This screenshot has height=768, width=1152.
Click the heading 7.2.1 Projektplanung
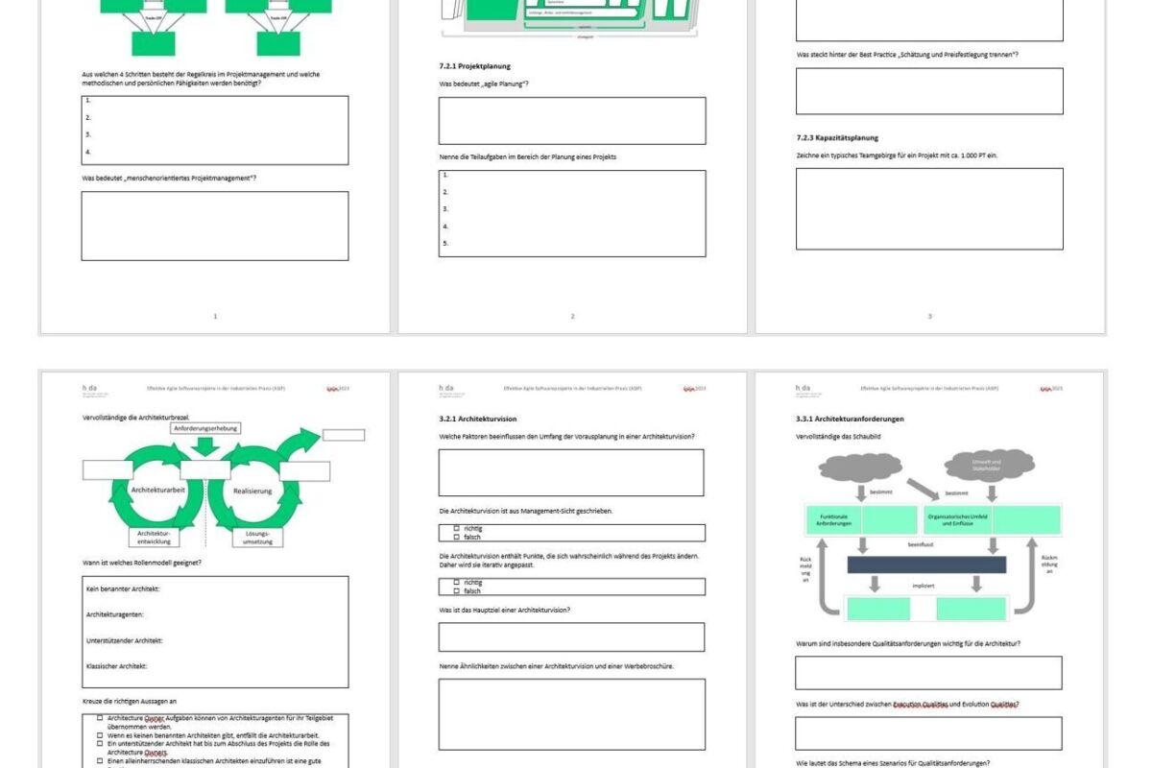469,66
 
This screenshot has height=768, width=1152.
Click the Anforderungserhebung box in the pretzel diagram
205,428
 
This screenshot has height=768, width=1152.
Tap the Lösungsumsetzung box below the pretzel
257,538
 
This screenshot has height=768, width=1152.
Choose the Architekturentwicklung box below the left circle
154,538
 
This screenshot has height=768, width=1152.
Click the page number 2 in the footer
572,316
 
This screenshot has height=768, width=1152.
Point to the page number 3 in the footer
929,316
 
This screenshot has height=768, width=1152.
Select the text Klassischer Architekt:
117,665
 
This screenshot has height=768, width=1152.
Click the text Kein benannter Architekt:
122,588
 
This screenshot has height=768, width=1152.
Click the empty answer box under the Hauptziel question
571,636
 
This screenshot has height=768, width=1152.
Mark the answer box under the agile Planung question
571,120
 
